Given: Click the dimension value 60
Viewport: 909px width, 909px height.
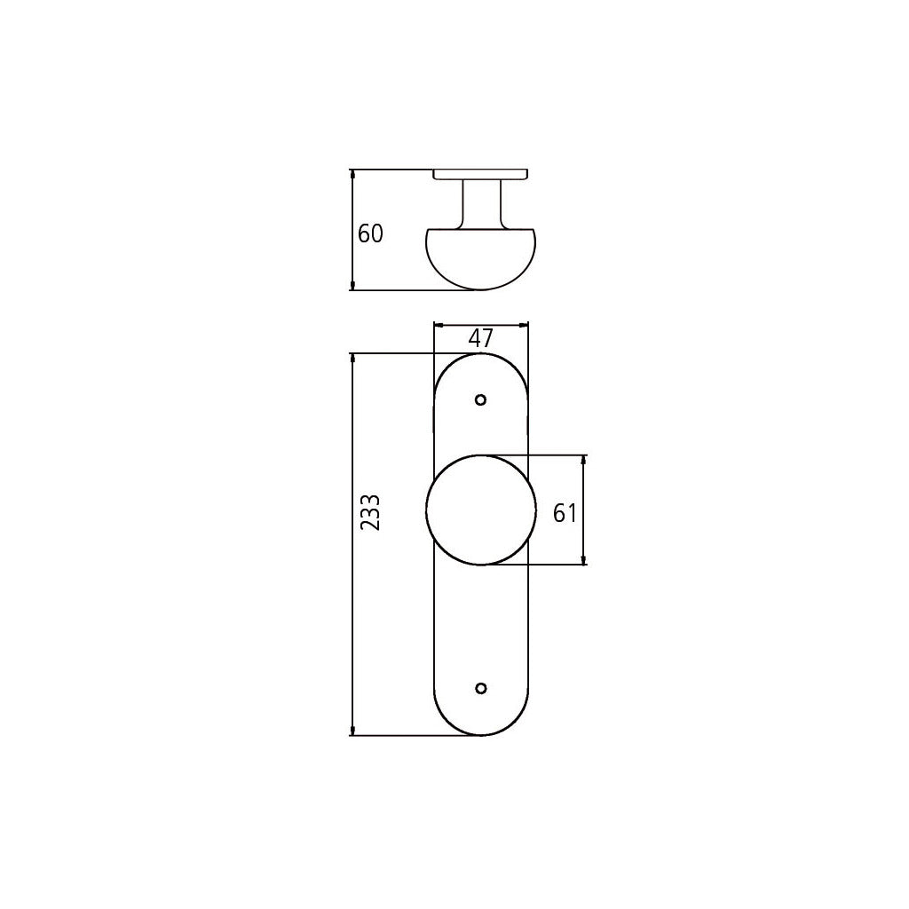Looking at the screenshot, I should click(370, 234).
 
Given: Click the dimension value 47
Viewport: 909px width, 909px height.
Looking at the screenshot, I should click(480, 338).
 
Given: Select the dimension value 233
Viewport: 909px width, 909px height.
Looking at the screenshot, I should click(371, 512).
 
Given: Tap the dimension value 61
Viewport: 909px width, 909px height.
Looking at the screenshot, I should click(565, 512).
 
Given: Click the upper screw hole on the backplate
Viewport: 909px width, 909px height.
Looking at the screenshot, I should click(481, 399).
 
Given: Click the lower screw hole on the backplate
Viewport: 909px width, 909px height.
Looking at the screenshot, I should click(481, 688).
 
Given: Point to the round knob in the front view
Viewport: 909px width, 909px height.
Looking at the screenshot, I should click(481, 510).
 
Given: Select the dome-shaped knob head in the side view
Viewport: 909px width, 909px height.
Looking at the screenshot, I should click(480, 259).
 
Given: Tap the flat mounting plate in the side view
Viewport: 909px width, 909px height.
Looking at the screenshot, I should click(480, 174).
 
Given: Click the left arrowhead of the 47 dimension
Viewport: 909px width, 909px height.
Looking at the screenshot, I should click(438, 325).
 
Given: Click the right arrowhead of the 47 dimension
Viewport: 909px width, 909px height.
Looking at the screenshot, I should click(524, 325).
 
